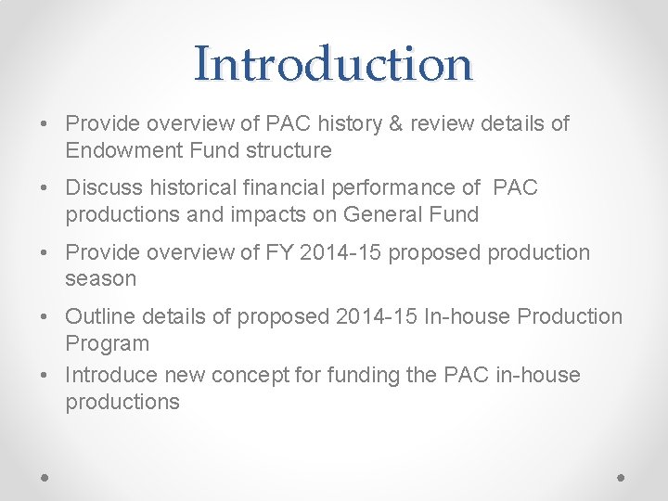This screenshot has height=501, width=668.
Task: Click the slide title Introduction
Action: pyautogui.click(x=333, y=63)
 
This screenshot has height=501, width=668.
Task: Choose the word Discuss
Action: pyautogui.click(x=101, y=187)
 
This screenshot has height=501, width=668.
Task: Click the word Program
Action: pyautogui.click(x=107, y=343)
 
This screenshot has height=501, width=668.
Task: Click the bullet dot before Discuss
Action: pyautogui.click(x=45, y=188)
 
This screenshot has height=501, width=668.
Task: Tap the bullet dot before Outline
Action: pyautogui.click(x=45, y=317)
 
